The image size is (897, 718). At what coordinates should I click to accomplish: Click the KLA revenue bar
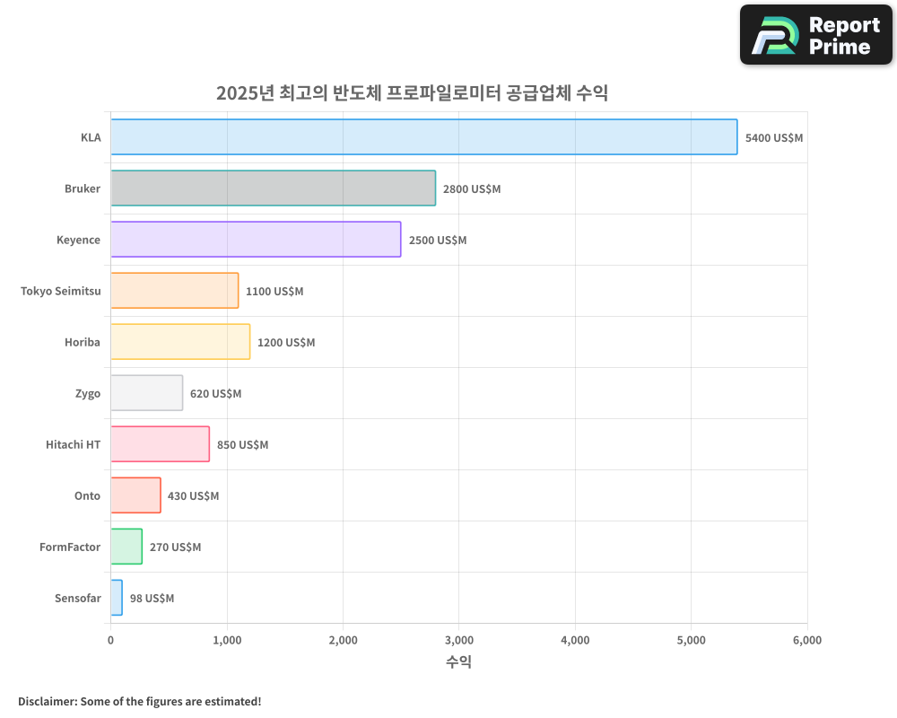(x=423, y=137)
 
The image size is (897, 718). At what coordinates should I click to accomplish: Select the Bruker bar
(x=273, y=188)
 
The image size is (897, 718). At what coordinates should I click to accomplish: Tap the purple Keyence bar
(x=256, y=240)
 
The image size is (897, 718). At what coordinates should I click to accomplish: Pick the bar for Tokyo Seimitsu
(x=174, y=291)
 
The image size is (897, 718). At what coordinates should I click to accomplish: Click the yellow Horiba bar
(x=180, y=342)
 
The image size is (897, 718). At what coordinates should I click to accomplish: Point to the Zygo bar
(x=146, y=393)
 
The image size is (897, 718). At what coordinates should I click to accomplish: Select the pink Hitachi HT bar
(x=160, y=444)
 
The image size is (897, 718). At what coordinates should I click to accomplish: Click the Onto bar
(x=135, y=495)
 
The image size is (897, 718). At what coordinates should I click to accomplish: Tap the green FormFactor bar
(x=126, y=547)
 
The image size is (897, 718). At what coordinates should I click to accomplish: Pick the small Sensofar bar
(x=117, y=598)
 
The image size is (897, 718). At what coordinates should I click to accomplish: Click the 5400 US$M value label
(x=774, y=138)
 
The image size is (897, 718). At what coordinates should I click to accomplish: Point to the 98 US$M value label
(x=152, y=599)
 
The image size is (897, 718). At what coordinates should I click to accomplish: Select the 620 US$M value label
(x=215, y=394)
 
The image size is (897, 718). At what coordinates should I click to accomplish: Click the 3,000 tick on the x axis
(x=458, y=641)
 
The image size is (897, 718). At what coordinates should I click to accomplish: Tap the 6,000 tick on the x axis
(x=806, y=641)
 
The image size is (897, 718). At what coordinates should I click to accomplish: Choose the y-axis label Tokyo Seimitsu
(x=60, y=292)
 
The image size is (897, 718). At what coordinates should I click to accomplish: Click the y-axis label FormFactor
(x=70, y=547)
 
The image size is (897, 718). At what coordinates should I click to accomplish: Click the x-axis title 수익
(x=458, y=662)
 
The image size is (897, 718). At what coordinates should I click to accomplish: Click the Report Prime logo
(x=815, y=35)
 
